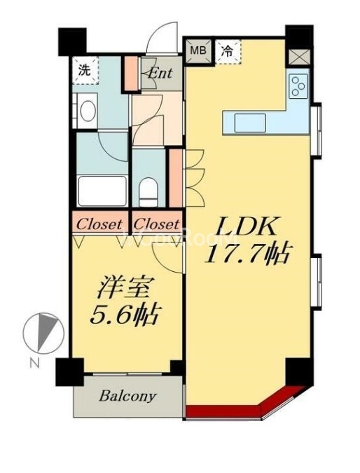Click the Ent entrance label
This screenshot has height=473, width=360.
[x=160, y=71]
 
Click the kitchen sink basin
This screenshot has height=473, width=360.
[x=251, y=123]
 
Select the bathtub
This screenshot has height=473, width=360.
[x=102, y=190]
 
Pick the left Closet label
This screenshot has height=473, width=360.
[x=100, y=224]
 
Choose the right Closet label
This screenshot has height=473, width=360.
[x=156, y=224]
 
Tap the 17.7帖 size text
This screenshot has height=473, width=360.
[x=247, y=254]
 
